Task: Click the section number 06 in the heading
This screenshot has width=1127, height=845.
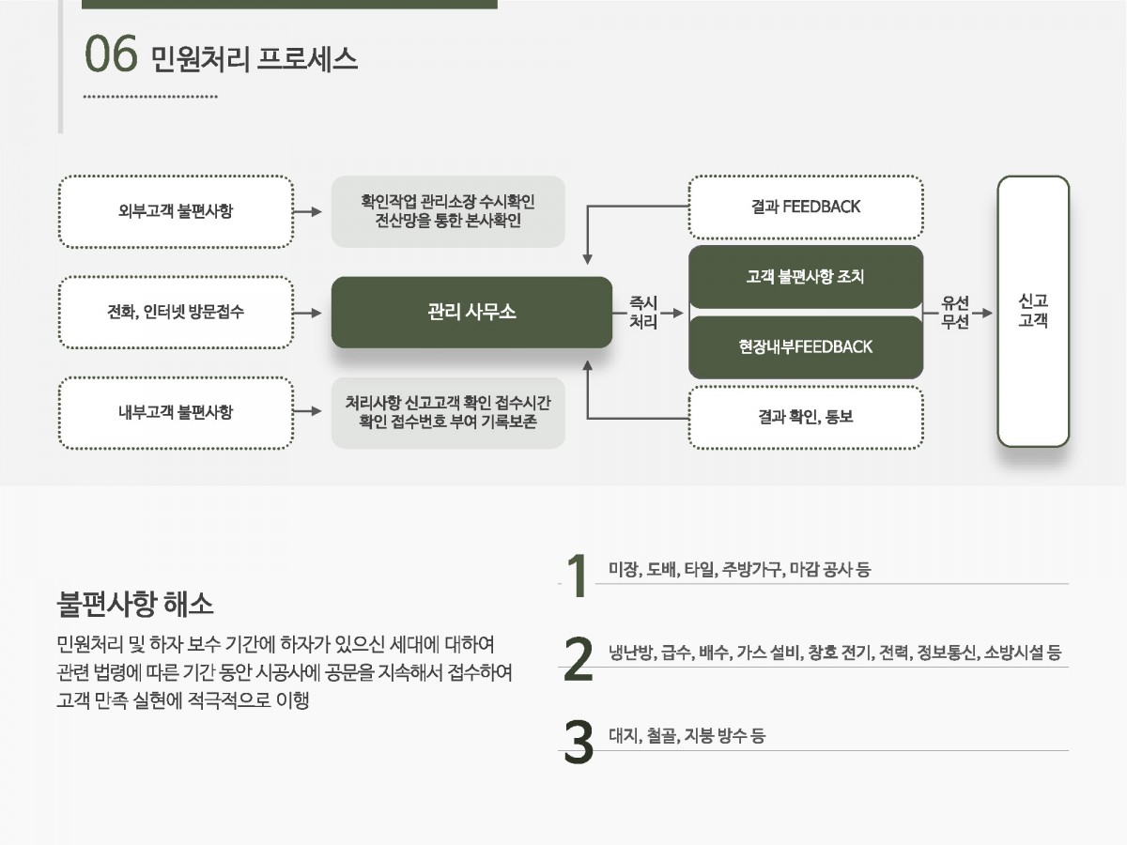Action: click(x=111, y=55)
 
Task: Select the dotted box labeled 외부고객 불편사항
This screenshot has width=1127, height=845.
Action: click(x=176, y=211)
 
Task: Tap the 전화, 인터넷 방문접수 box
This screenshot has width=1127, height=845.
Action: click(x=176, y=312)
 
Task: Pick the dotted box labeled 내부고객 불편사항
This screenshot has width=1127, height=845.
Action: click(x=176, y=411)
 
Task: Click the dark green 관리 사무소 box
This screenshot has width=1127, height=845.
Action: click(x=471, y=312)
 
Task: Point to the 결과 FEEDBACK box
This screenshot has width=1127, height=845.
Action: click(x=805, y=207)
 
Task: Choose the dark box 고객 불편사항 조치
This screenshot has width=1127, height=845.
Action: click(x=805, y=277)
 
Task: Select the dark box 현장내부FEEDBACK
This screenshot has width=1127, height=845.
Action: click(x=805, y=346)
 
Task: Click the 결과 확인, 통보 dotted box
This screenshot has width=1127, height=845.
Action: click(x=805, y=417)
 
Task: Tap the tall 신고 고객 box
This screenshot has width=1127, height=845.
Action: click(x=1032, y=311)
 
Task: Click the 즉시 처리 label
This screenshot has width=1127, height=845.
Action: click(x=642, y=312)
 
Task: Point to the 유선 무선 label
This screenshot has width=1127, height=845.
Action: click(x=955, y=312)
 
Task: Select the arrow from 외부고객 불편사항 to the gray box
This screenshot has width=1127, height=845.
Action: click(x=307, y=211)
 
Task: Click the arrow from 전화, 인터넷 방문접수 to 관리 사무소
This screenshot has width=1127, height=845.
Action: click(x=307, y=312)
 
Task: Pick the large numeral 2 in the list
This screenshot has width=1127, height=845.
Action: click(x=579, y=659)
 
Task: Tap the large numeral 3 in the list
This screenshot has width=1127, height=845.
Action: click(x=579, y=742)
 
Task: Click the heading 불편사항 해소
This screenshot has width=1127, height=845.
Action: click(x=135, y=603)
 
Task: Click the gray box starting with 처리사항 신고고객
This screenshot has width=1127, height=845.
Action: click(x=448, y=411)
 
